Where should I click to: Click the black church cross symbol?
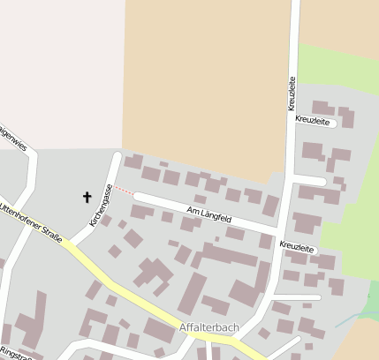click(87, 196)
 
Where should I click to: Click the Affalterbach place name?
click(208, 327)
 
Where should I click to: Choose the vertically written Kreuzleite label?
click(291, 92)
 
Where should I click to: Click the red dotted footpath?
click(125, 190)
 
